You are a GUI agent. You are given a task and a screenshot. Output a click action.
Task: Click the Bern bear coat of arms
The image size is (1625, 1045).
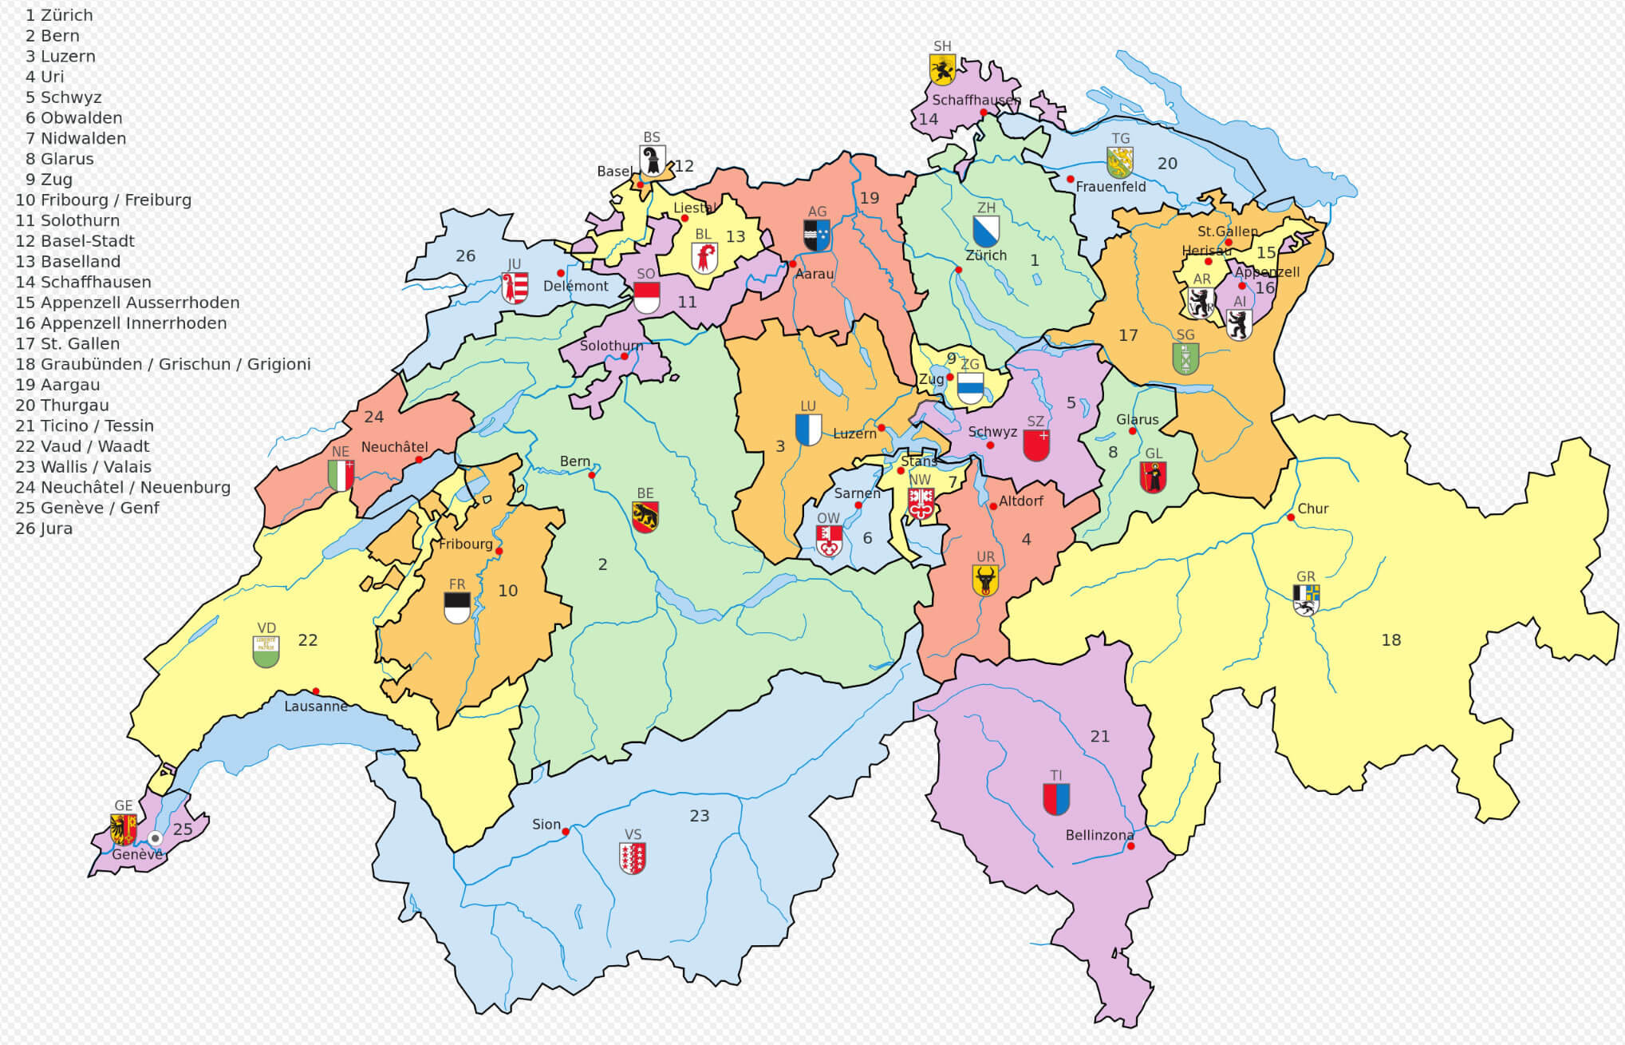tap(645, 517)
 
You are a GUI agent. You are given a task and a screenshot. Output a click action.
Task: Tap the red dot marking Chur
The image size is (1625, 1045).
tap(1291, 517)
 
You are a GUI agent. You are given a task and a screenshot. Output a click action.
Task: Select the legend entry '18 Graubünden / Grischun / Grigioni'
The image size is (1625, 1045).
tap(163, 364)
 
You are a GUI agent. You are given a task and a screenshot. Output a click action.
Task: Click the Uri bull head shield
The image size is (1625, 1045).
tap(985, 580)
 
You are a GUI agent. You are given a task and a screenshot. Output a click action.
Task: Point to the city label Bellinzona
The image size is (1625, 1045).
tap(1099, 835)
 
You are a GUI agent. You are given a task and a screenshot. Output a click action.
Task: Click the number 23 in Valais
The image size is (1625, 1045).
tap(700, 816)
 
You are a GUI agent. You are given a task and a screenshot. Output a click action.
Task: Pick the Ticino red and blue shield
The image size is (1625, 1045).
tap(1056, 799)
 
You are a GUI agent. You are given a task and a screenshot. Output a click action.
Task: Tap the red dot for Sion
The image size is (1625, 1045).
tap(566, 832)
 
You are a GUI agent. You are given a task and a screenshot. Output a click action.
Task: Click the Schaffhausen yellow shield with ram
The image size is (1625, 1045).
tap(942, 70)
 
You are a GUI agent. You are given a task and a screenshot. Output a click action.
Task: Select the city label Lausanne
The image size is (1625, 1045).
tap(316, 707)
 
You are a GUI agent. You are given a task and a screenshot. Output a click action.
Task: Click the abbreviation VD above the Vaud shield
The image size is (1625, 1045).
tap(266, 628)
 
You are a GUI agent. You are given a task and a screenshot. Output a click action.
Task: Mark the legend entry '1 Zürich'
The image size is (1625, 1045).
tap(59, 15)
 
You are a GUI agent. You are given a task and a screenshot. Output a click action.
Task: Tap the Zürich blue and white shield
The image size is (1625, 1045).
tap(986, 232)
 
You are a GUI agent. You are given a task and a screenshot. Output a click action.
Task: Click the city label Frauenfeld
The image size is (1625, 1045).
tap(1110, 187)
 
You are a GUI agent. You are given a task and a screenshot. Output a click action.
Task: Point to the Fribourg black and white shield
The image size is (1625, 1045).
tap(457, 608)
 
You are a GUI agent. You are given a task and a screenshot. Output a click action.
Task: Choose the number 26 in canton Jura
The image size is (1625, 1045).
tap(465, 256)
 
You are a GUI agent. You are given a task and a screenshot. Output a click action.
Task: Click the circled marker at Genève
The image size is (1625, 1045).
tap(156, 838)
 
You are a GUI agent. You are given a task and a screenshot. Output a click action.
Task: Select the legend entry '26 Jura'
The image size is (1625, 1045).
tap(44, 528)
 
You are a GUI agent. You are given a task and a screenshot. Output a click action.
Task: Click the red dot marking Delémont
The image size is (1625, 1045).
tap(561, 273)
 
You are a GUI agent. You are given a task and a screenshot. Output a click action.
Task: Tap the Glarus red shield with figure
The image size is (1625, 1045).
tap(1153, 477)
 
